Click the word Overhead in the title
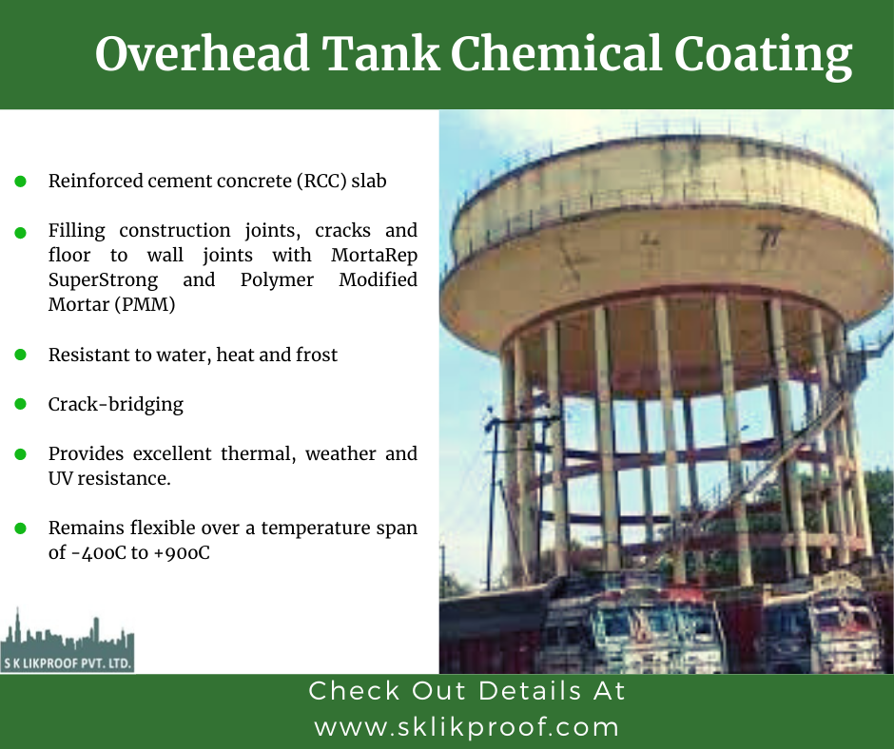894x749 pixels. (x=203, y=53)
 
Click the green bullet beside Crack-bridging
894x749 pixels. (x=21, y=404)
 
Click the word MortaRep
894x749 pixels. (x=374, y=256)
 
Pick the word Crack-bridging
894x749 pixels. (x=116, y=404)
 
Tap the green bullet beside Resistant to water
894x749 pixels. (x=21, y=355)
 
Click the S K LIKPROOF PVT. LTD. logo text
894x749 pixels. (x=68, y=663)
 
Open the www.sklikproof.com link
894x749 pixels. (x=466, y=728)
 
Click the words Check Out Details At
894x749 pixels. (x=467, y=691)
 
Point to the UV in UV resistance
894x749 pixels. (x=60, y=479)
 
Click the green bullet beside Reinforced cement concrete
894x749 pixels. (x=21, y=182)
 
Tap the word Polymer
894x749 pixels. (x=277, y=279)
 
